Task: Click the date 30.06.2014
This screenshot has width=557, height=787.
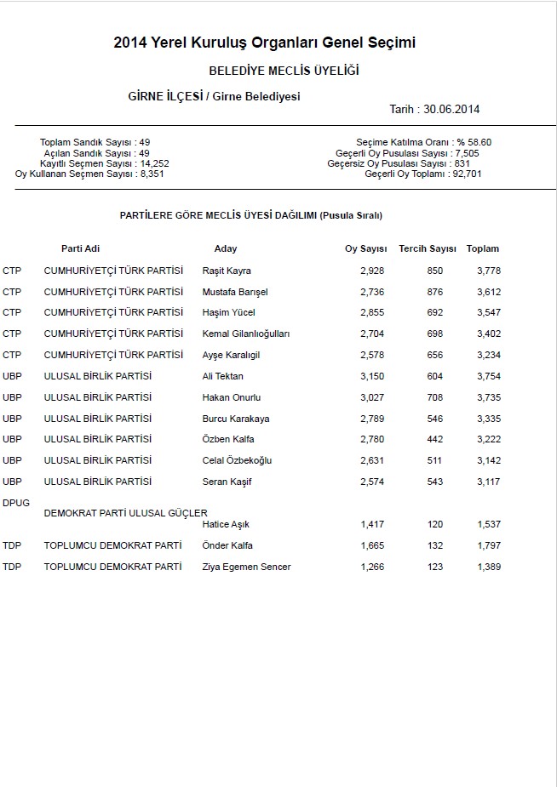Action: (x=455, y=110)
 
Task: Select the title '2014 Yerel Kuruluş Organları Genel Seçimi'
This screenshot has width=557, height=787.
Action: (x=264, y=43)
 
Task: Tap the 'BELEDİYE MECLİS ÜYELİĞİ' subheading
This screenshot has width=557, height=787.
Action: (x=284, y=71)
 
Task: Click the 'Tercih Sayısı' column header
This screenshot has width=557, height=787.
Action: (x=428, y=249)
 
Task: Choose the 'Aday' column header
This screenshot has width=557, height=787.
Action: (x=226, y=249)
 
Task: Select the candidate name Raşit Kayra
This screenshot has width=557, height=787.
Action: (x=227, y=271)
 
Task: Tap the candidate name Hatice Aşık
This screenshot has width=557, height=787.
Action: (x=226, y=525)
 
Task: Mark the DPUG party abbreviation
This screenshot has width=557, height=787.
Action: (x=16, y=503)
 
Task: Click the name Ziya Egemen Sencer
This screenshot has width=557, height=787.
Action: (x=246, y=567)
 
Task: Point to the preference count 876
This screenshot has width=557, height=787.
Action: (x=434, y=293)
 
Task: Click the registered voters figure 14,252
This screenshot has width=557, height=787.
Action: (x=154, y=163)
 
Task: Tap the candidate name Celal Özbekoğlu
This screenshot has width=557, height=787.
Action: (x=238, y=461)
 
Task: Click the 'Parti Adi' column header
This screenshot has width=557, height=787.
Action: (x=80, y=249)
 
